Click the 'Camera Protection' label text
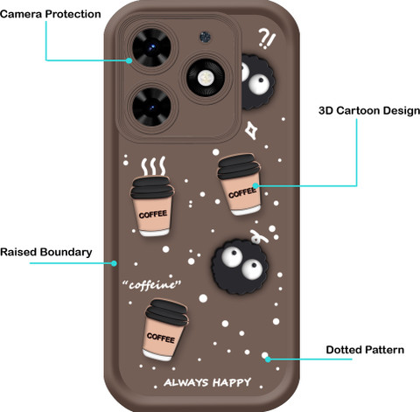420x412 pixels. click(50, 14)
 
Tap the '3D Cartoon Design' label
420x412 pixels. click(369, 111)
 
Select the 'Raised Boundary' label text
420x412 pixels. click(46, 252)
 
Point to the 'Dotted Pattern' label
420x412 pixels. click(365, 350)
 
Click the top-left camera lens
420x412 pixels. click(151, 47)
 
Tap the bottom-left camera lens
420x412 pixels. click(151, 107)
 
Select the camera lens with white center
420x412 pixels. click(206, 77)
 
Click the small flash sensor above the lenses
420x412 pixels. click(206, 37)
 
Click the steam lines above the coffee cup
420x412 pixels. click(153, 166)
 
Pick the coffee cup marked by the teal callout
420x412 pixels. click(239, 185)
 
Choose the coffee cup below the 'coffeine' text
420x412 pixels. click(166, 330)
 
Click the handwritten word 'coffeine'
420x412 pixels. click(151, 284)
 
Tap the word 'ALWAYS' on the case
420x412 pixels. click(186, 382)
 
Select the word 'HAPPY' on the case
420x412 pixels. click(232, 382)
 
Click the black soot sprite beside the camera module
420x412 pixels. click(257, 82)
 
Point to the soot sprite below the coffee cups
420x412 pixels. click(240, 267)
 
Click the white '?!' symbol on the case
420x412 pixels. click(266, 38)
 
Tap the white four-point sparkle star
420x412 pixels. click(251, 130)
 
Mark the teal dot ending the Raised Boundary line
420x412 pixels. click(114, 263)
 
